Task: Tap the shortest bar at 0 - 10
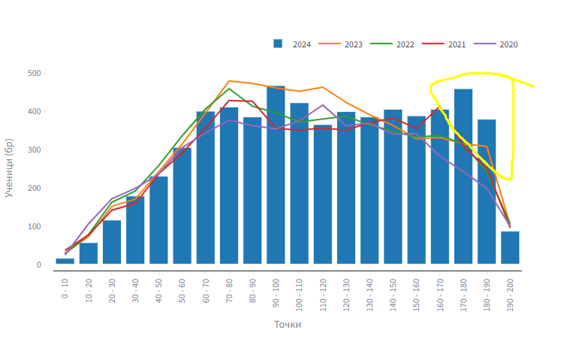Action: [x=65, y=261]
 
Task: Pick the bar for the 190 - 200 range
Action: [x=510, y=247]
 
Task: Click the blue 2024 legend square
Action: [x=278, y=44]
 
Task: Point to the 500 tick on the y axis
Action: [x=34, y=73]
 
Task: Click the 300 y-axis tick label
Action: [x=34, y=150]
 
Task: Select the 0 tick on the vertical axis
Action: [x=36, y=265]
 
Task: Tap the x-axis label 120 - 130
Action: [x=346, y=290]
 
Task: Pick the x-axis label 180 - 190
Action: [x=487, y=290]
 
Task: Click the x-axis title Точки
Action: [x=288, y=325]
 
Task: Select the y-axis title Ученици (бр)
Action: [x=10, y=167]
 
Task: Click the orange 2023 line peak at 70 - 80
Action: [x=228, y=80]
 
